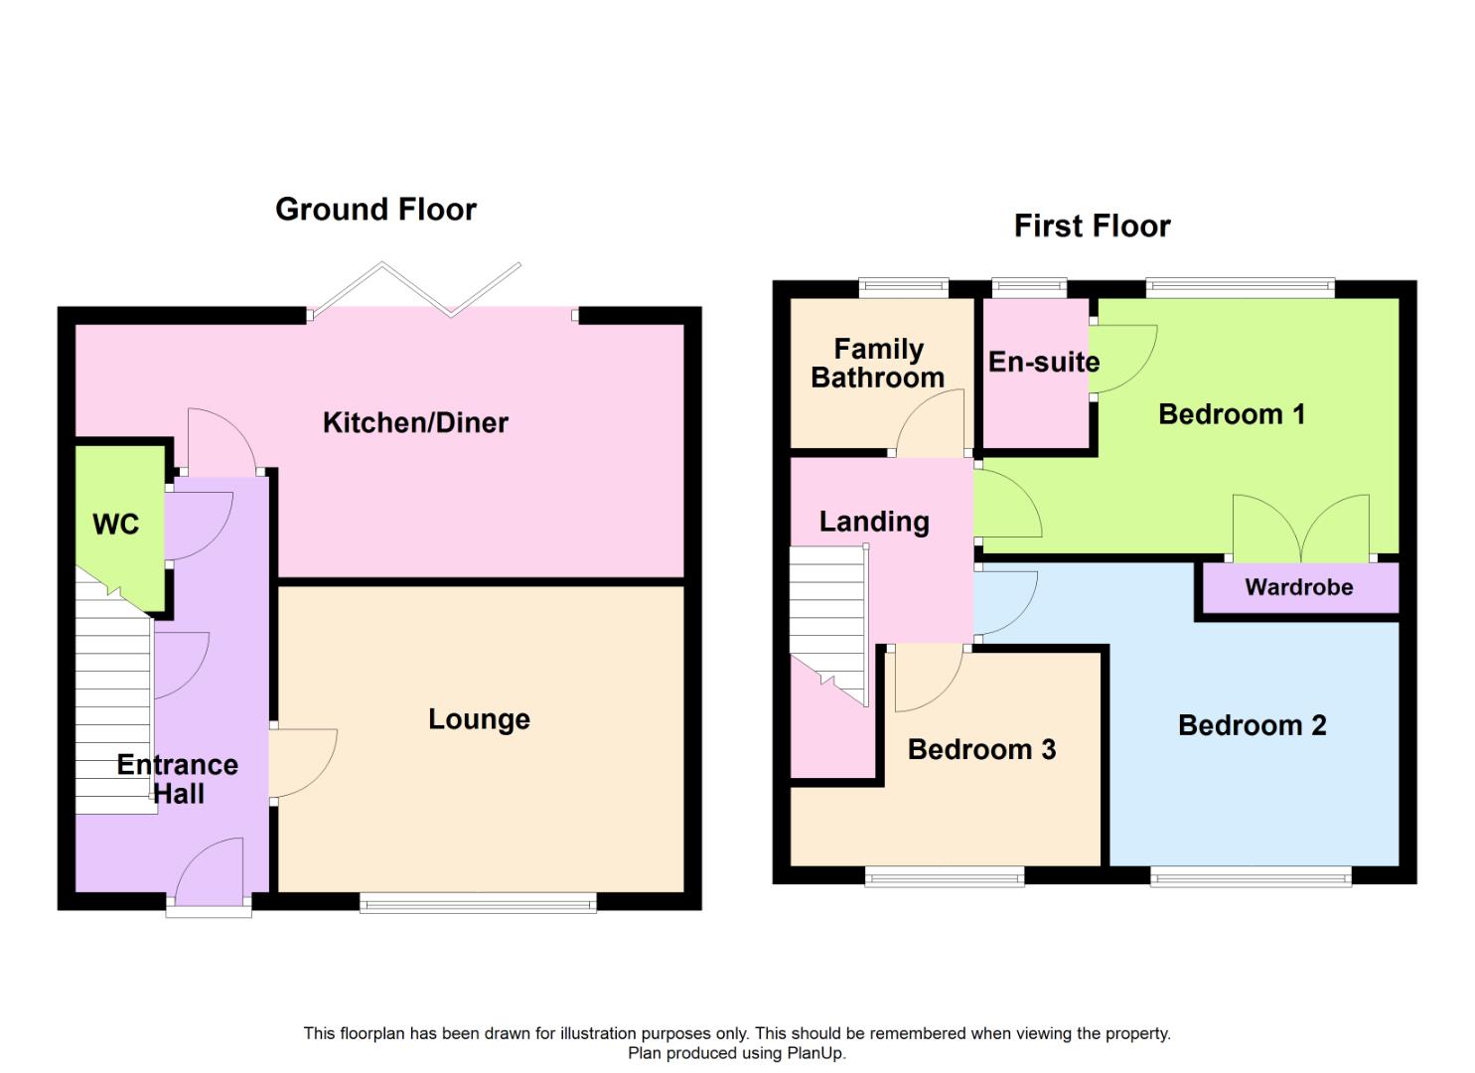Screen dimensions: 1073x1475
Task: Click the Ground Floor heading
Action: (375, 210)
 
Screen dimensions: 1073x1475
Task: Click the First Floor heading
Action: (1092, 227)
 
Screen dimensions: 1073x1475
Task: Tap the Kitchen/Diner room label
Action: (415, 423)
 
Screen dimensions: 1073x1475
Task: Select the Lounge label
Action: (479, 719)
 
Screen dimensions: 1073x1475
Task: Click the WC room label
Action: (116, 525)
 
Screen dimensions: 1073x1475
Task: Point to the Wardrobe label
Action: (1298, 587)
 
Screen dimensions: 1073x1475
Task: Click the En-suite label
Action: (1043, 363)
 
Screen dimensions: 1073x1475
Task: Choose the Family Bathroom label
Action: (878, 364)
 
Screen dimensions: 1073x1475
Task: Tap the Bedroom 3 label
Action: (981, 750)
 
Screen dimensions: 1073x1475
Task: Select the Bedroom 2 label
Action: (1252, 725)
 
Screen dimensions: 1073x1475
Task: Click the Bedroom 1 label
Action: (1232, 414)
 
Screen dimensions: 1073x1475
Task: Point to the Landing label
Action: (874, 522)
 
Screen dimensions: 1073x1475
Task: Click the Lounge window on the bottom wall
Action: (478, 903)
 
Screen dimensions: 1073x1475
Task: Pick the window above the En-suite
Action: (1029, 289)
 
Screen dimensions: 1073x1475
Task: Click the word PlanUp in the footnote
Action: (815, 1053)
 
